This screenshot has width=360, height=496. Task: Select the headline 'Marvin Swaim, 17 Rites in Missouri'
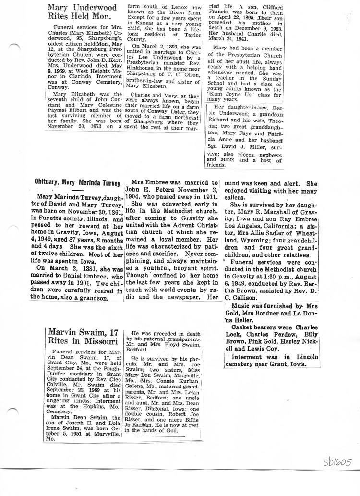pyautogui.click(x=83, y=337)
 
